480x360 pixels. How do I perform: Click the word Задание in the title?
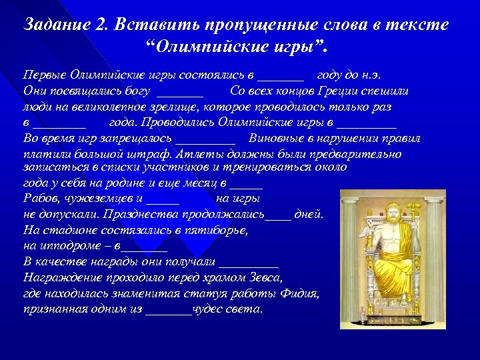point(55,25)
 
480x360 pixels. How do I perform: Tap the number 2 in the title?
point(101,25)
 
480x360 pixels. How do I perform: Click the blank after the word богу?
point(181,90)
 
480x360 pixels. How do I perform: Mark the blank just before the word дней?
point(278,215)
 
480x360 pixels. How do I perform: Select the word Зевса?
point(267,277)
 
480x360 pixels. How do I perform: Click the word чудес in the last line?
point(208,309)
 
